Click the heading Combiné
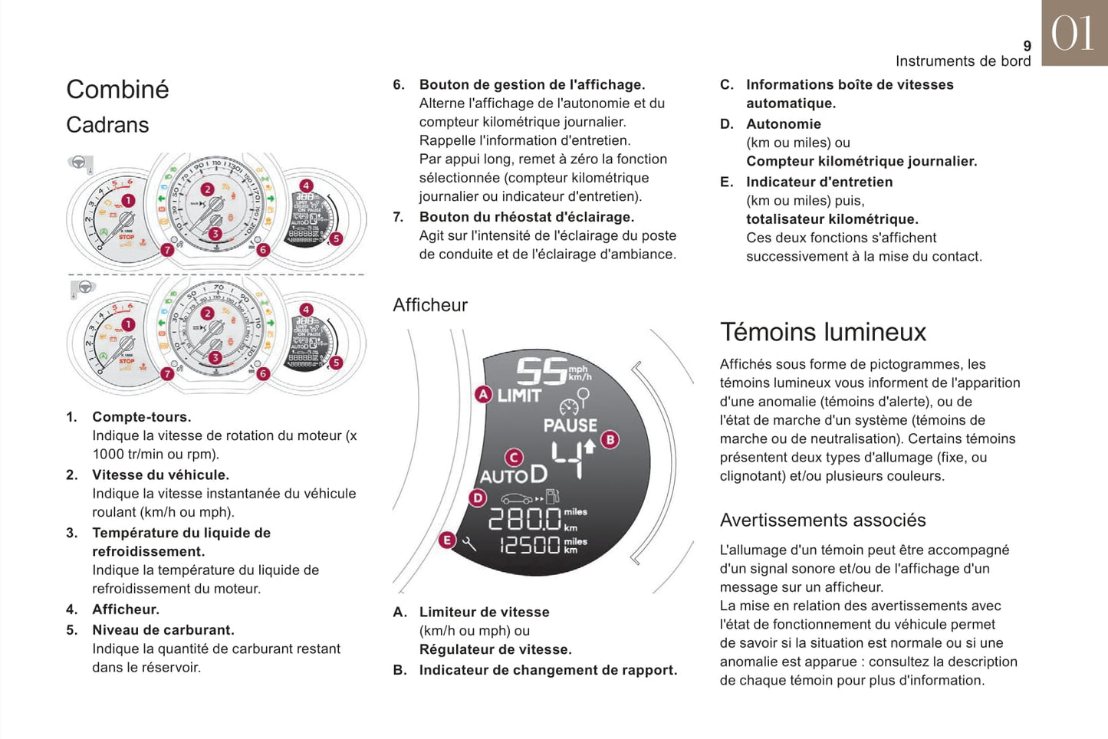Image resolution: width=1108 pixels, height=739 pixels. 117,89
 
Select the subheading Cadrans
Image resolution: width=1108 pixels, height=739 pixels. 107,125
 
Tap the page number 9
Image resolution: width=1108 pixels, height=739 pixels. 1027,46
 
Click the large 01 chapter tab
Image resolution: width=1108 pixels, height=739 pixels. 1073,33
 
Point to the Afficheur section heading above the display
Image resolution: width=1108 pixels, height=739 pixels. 430,305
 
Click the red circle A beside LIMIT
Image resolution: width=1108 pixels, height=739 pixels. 483,395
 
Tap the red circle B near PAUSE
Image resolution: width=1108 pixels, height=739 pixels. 610,439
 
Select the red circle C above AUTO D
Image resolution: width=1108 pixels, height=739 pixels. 514,458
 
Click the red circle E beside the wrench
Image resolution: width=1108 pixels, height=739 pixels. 447,540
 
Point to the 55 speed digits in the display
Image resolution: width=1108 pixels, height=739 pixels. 541,372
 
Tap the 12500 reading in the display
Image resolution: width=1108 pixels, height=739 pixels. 530,545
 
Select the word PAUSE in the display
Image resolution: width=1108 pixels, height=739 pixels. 570,425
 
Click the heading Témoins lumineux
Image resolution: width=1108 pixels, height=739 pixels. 823,332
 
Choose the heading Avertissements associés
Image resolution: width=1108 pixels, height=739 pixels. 823,521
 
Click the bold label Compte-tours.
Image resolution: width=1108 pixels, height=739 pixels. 142,417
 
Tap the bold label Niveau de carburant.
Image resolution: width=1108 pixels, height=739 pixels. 163,630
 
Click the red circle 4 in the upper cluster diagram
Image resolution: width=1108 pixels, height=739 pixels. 306,186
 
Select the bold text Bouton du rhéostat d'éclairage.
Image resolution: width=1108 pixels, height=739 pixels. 527,217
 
